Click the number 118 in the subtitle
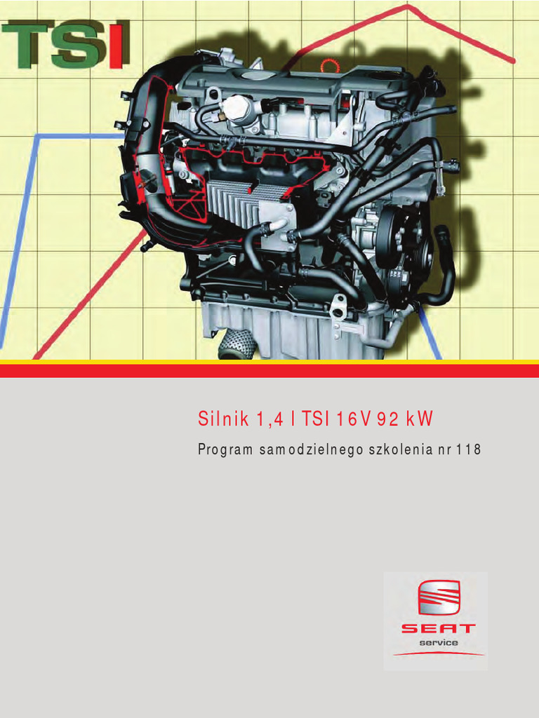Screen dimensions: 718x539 pos(469,450)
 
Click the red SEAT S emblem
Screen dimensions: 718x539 pos(439,598)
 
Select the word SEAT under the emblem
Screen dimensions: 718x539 pos(438,629)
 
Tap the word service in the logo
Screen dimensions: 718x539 pos(439,643)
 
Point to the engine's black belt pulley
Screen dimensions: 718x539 pos(388,237)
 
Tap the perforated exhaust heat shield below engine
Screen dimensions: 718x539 pos(236,344)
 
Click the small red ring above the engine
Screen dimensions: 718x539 pos(328,66)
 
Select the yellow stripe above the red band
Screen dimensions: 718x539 pos(269,362)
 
